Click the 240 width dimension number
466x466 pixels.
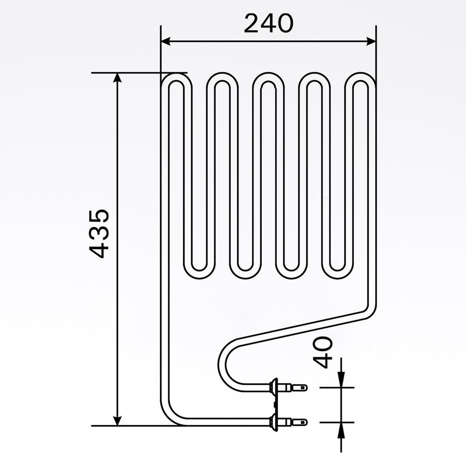268,23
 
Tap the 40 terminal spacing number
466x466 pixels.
322,352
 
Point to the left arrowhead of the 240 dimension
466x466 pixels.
165,41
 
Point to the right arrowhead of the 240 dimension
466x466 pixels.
371,41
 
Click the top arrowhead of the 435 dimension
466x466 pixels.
117,78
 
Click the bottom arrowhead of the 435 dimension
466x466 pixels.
117,420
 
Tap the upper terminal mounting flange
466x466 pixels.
274,387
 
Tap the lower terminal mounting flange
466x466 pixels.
274,422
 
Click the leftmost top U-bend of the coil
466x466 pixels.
176,79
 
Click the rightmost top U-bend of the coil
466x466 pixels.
361,79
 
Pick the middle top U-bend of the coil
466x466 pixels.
268,79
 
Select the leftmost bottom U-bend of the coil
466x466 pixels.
199,273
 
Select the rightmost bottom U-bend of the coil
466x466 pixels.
338,273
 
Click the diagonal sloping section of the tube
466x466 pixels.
303,326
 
